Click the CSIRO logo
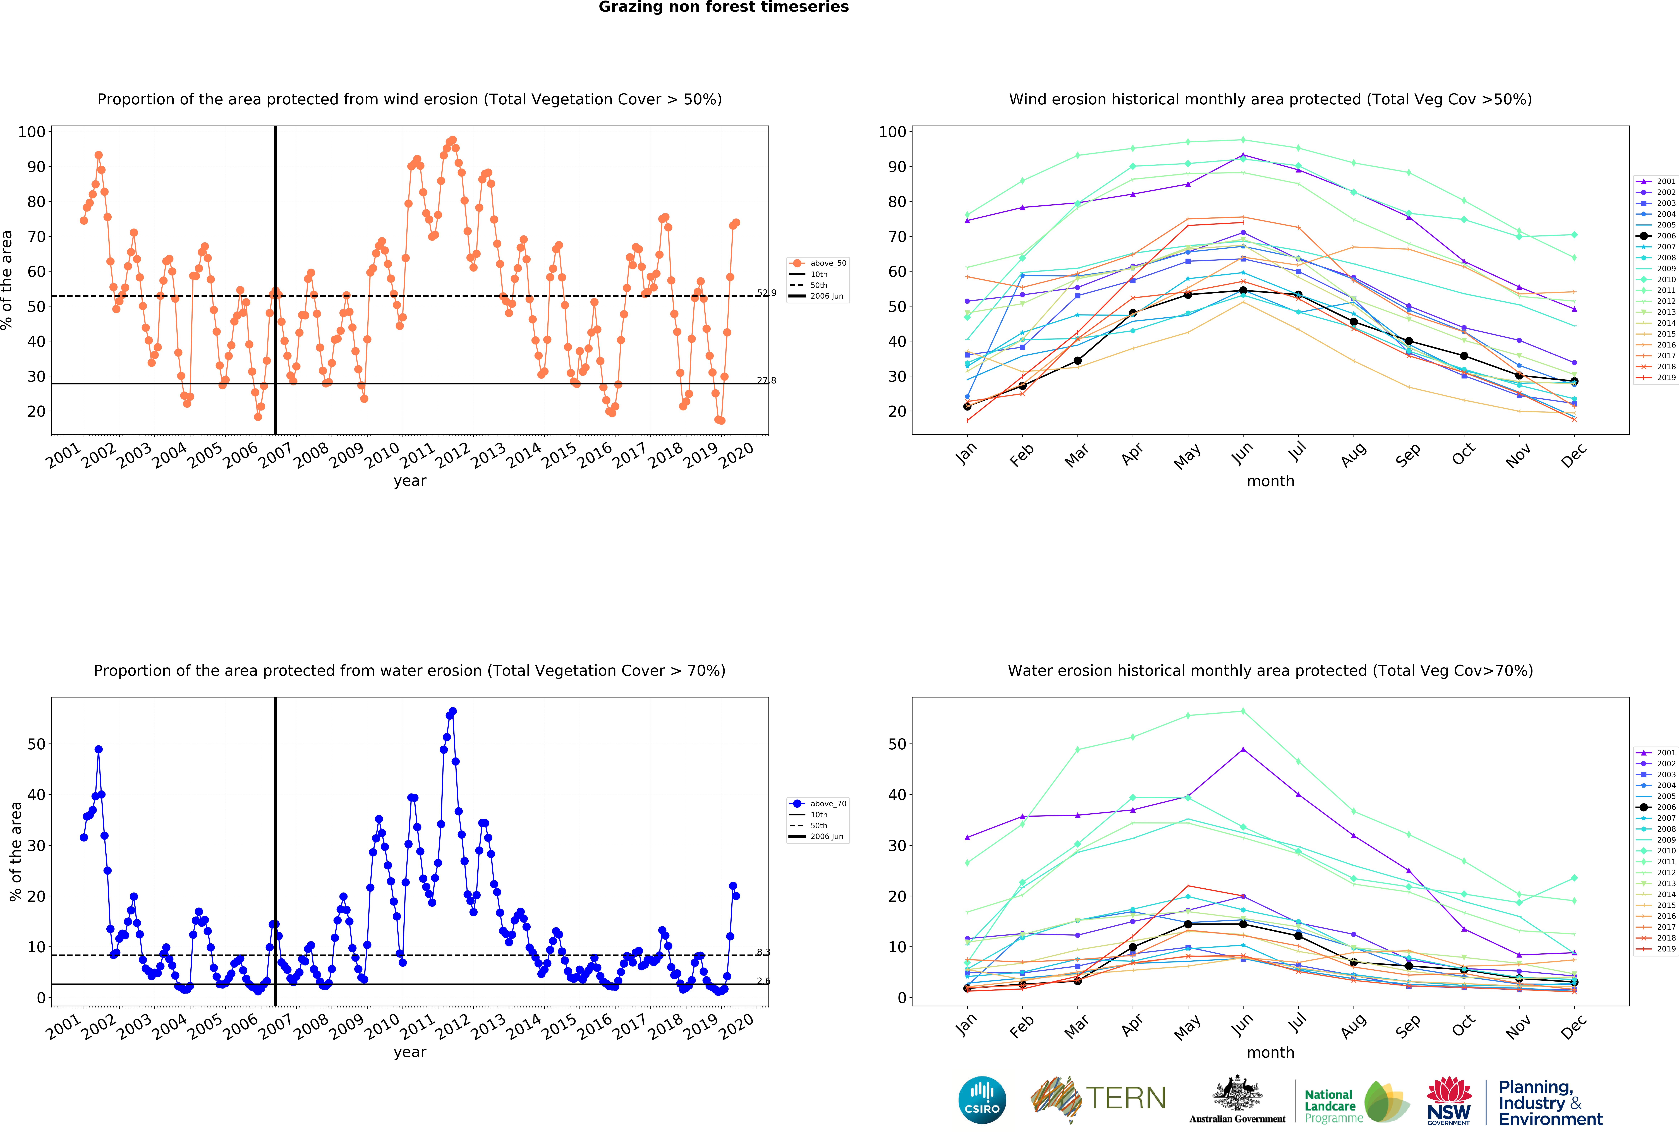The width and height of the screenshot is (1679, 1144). [x=982, y=1100]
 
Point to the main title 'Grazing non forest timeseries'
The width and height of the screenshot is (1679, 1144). [x=723, y=7]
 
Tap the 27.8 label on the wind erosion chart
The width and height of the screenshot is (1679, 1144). [x=767, y=381]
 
